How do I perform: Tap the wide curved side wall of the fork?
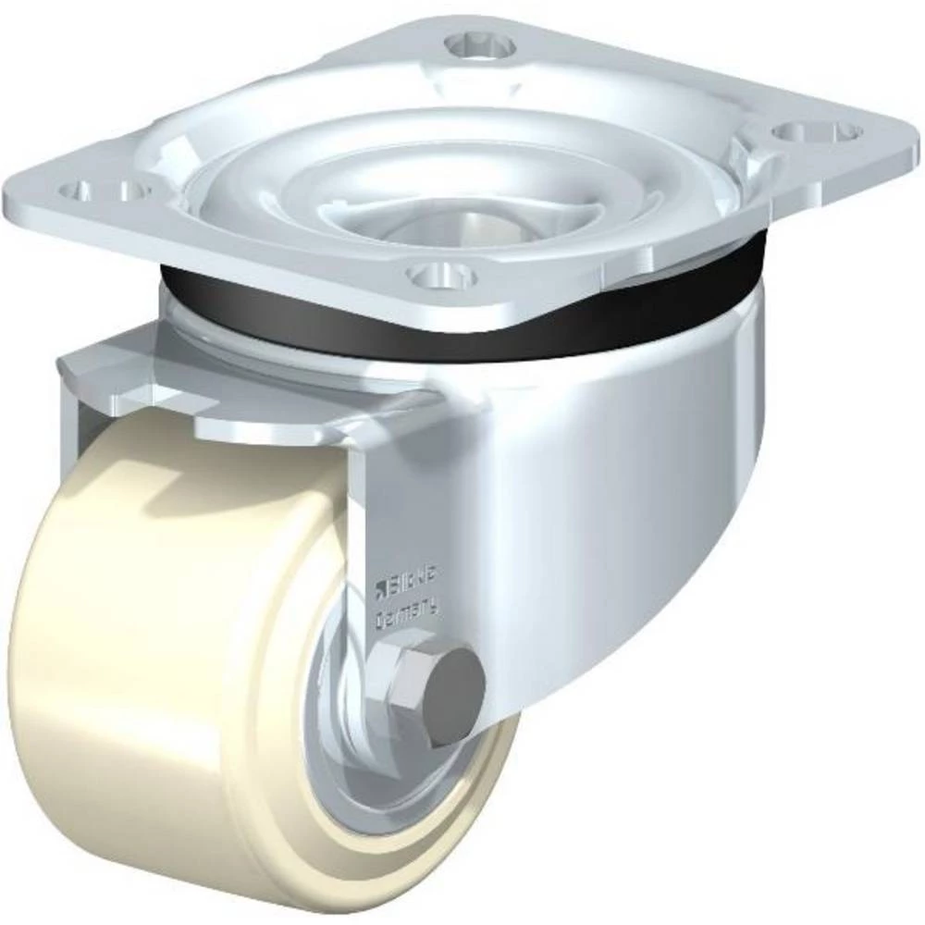629,518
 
